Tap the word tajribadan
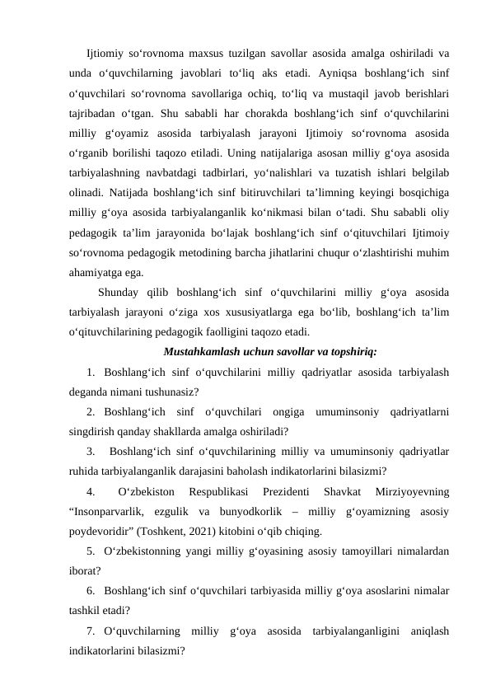pos(95,113)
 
